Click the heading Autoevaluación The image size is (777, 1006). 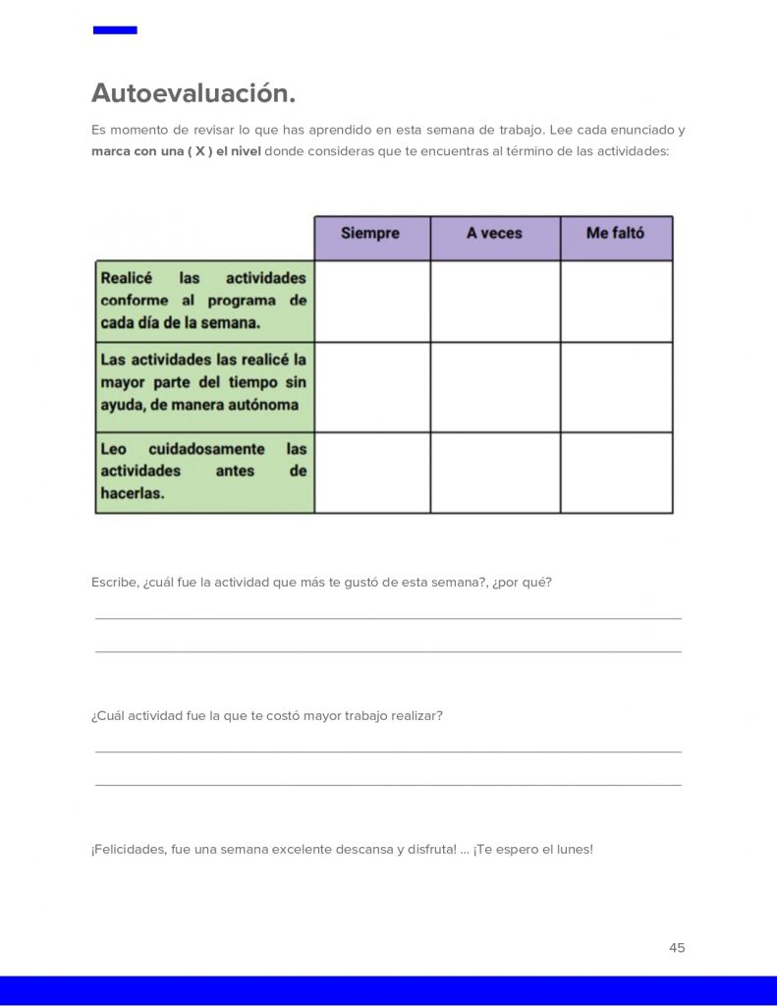pos(194,93)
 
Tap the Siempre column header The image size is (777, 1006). pos(370,234)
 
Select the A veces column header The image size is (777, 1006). pos(494,234)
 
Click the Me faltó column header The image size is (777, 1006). pos(615,234)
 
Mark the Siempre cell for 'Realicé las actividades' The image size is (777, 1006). pos(372,301)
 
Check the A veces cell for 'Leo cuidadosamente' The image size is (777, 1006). pos(495,473)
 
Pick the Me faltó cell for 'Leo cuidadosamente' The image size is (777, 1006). pos(617,473)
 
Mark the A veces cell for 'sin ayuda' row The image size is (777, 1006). pos(495,387)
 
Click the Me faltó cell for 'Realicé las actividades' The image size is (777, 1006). pos(617,301)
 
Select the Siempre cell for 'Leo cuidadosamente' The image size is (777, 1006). pos(372,473)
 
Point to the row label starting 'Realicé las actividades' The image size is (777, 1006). pos(203,301)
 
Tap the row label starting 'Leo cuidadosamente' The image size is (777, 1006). pos(203,472)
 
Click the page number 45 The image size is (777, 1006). pos(677,948)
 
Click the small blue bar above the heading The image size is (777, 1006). pos(115,30)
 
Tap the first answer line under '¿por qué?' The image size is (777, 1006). pos(388,617)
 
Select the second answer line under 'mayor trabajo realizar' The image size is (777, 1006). pos(388,784)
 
